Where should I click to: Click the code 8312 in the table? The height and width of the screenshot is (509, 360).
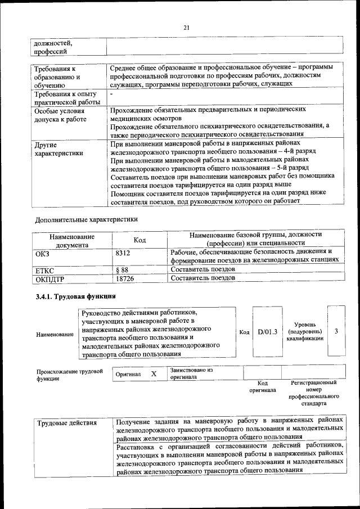pyautogui.click(x=123, y=254)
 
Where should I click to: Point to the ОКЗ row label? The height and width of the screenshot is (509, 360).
pyautogui.click(x=42, y=254)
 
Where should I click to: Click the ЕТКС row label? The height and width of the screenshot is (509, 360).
pyautogui.click(x=45, y=270)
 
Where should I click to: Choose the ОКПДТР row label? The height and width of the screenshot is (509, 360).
pyautogui.click(x=50, y=278)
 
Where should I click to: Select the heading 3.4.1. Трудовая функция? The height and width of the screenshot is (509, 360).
pyautogui.click(x=75, y=296)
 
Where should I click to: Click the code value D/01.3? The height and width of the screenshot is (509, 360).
pyautogui.click(x=268, y=332)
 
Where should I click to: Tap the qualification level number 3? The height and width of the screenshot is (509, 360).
pyautogui.click(x=336, y=331)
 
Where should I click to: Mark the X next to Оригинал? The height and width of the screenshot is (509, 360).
pyautogui.click(x=154, y=373)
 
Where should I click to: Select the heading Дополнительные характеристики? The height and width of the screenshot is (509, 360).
pyautogui.click(x=86, y=219)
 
